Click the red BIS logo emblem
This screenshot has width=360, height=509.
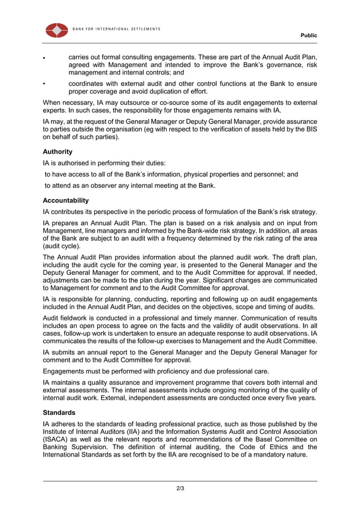coord(56,30)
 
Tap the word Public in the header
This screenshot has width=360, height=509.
coord(309,36)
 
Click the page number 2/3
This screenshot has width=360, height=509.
coord(180,488)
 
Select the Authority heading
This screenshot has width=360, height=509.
coord(58,152)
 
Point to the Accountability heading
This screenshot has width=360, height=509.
coord(65,200)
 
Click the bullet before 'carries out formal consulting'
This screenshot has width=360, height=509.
coord(45,58)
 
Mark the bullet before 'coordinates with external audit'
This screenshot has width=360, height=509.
coord(45,84)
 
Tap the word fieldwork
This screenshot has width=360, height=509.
coord(77,318)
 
